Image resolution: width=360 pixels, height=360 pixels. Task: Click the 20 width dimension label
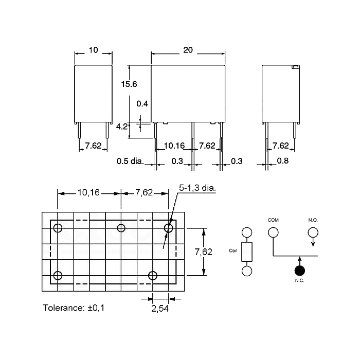(188, 50)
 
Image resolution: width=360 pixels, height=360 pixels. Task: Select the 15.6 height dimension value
(129, 84)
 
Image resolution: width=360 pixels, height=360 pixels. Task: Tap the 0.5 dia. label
(130, 161)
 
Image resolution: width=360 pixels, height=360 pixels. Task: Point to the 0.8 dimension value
(283, 160)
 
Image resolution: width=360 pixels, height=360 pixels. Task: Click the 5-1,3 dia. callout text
(197, 188)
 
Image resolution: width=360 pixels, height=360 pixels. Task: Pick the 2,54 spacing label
(160, 309)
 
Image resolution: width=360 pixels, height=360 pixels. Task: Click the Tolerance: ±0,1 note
(74, 308)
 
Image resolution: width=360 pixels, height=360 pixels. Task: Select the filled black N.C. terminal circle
(300, 271)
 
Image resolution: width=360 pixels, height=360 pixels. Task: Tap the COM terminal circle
(273, 232)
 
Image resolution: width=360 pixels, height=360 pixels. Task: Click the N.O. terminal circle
(313, 232)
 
